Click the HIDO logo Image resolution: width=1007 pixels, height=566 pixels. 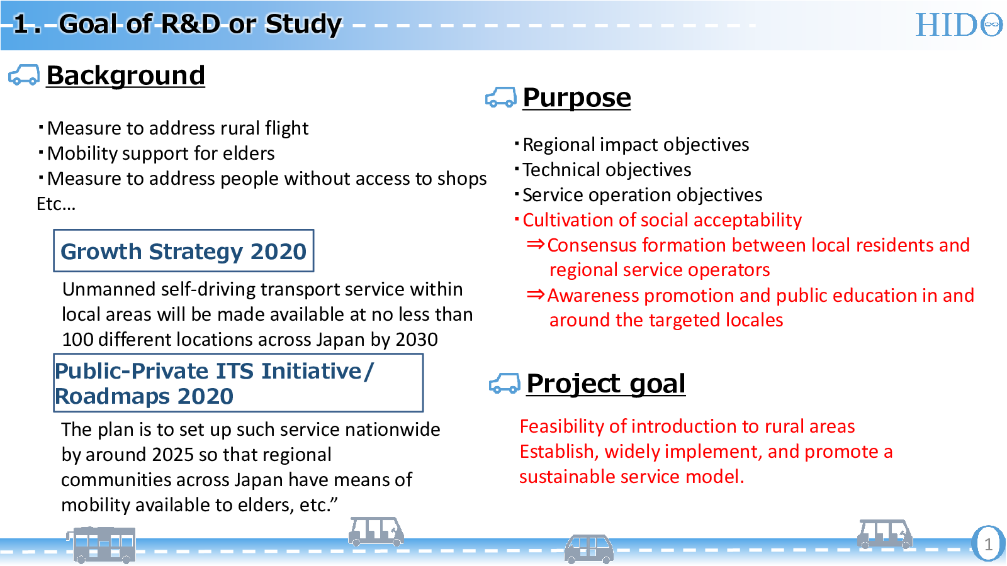(x=959, y=25)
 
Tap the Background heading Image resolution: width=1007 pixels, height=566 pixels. (x=125, y=75)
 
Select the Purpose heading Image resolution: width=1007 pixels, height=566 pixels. (x=577, y=97)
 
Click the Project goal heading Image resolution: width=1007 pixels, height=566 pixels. (x=605, y=384)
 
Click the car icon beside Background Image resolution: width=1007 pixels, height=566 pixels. (x=24, y=75)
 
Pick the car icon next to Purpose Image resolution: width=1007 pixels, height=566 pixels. (x=501, y=97)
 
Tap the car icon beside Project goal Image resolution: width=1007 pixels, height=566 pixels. (x=504, y=383)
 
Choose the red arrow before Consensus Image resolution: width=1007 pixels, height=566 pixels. (x=536, y=245)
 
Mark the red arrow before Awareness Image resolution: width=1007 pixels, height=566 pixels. (x=536, y=295)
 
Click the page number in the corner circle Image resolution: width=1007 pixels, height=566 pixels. (x=988, y=545)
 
